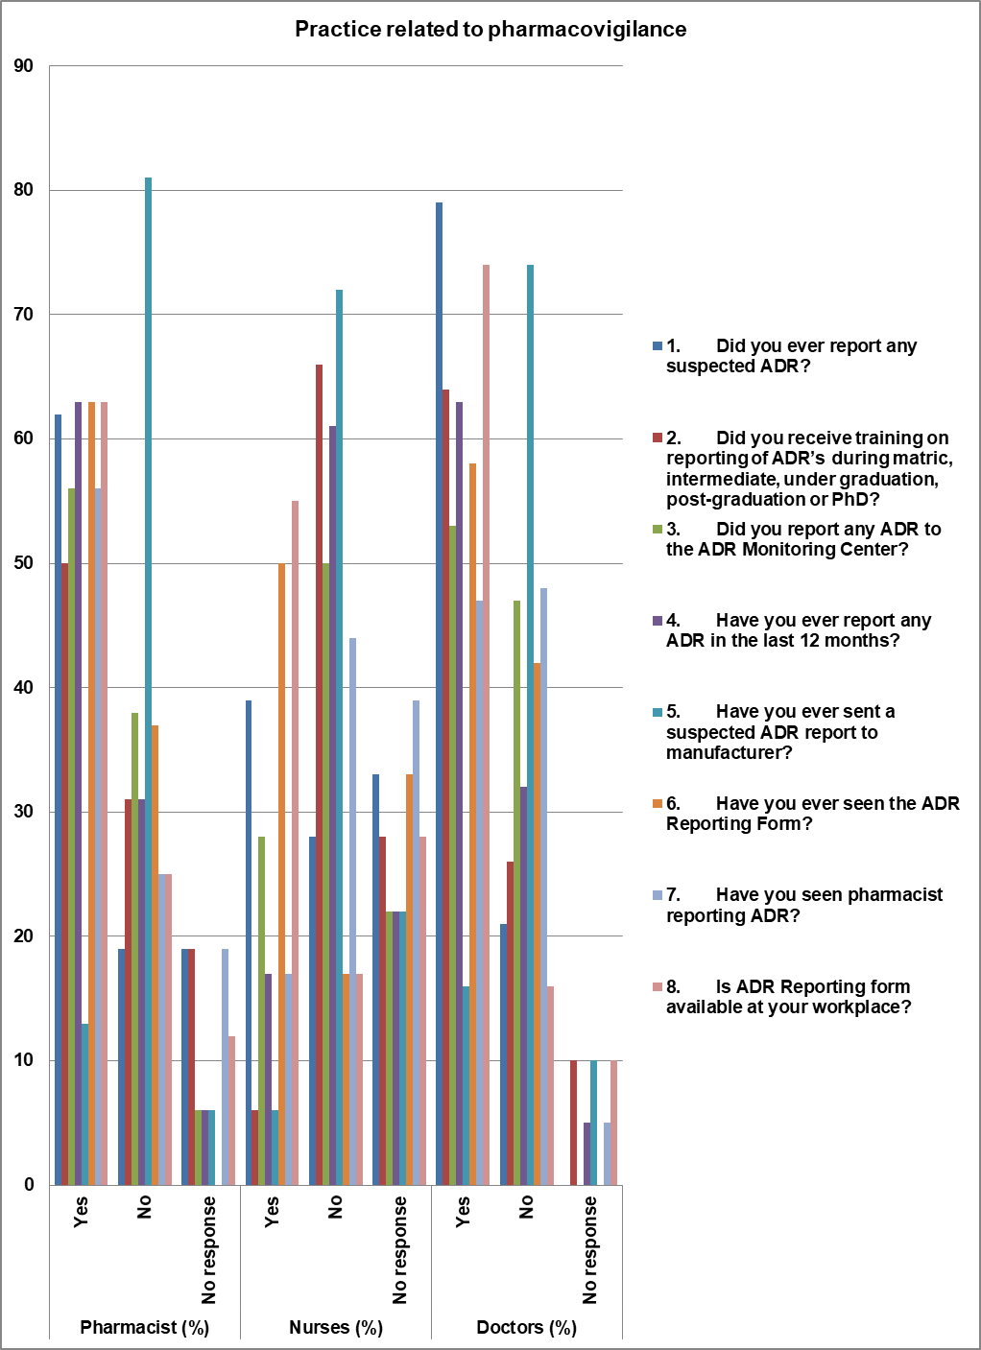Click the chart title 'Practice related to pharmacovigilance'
pos(490,29)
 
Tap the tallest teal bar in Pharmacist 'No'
pos(148,672)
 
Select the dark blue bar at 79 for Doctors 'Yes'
pos(439,691)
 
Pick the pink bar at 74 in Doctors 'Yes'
pos(486,720)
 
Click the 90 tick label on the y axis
pos(23,66)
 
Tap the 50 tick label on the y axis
pos(23,563)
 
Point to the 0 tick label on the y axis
pos(29,1185)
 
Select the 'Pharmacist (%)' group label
pos(144,1328)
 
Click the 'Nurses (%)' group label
pos(336,1328)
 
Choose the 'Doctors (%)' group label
pos(526,1328)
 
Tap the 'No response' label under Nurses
pos(399,1249)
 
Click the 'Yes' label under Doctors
pos(463,1210)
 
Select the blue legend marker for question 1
pos(658,346)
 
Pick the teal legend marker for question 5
pos(658,712)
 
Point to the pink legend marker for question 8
pos(658,987)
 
